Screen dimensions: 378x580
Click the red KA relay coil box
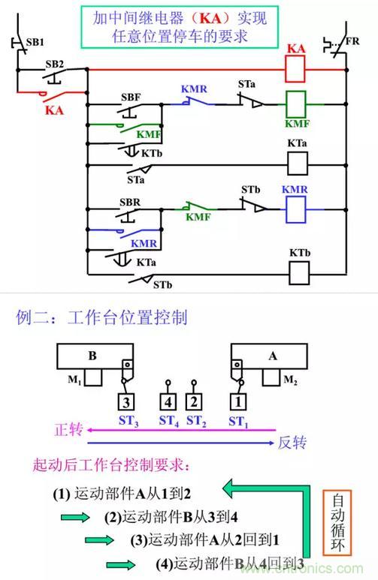[x=295, y=69]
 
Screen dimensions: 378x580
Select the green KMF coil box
[x=296, y=104]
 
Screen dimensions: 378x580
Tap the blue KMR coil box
[x=296, y=209]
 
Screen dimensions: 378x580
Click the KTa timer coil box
[x=298, y=164]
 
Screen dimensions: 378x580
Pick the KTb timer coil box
[x=299, y=273]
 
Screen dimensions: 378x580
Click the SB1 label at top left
[x=35, y=42]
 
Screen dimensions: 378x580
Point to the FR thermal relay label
[x=352, y=41]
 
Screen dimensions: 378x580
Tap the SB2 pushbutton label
[x=54, y=64]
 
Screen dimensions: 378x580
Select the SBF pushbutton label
[x=131, y=98]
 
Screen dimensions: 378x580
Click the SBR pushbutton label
[x=130, y=203]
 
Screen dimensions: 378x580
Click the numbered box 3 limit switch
[x=126, y=401]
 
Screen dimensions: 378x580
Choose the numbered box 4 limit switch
[x=168, y=401]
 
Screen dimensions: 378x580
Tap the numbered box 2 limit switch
[x=194, y=401]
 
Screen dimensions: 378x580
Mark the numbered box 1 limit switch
[x=238, y=401]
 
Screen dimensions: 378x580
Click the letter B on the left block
[x=92, y=356]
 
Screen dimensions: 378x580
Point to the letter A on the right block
[x=273, y=356]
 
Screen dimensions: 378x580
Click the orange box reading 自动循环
[x=337, y=523]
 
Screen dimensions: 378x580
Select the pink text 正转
[x=68, y=429]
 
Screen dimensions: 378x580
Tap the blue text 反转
[x=292, y=442]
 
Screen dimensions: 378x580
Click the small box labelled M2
[x=271, y=377]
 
